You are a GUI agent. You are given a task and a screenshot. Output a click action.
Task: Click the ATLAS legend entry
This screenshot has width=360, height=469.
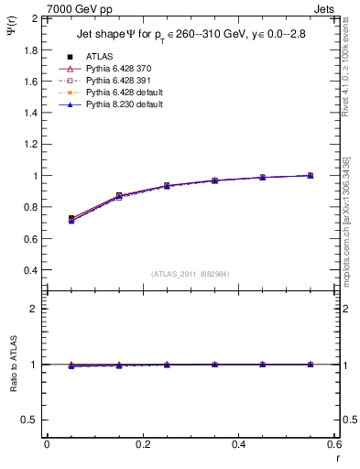pyautogui.click(x=99, y=57)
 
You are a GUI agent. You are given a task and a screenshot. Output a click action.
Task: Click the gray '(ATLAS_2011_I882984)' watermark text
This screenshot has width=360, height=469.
pyautogui.click(x=191, y=274)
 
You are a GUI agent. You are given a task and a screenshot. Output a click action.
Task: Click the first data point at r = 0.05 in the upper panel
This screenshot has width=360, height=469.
pyautogui.click(x=71, y=219)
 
